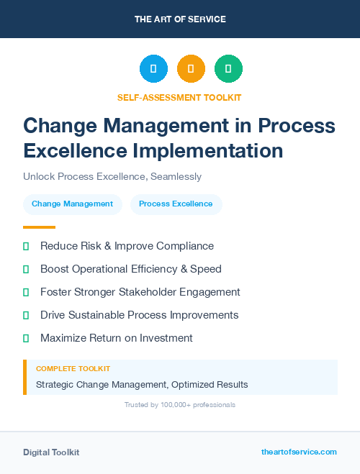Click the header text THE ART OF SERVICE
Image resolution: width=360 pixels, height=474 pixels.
[180, 19]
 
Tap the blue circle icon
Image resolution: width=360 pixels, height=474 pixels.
[153, 69]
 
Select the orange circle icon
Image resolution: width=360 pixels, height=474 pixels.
[191, 69]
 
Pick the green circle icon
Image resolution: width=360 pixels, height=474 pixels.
[228, 69]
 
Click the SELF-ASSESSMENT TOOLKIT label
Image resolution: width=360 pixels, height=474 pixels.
[179, 97]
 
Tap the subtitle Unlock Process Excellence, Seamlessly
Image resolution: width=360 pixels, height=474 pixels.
[112, 176]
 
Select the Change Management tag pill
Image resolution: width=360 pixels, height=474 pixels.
[72, 204]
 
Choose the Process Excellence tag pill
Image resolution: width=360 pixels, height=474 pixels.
[176, 204]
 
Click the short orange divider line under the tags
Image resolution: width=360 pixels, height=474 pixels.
[39, 227]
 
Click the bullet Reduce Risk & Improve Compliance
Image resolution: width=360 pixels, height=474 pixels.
[127, 246]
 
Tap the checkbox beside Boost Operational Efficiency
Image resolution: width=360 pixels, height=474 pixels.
[26, 269]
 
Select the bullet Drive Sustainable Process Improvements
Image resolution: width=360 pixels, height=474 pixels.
[139, 315]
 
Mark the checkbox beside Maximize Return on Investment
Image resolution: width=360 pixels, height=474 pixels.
[26, 338]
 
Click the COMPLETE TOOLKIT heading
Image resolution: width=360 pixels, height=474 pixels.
[73, 368]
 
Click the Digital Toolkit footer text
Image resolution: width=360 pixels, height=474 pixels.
[51, 452]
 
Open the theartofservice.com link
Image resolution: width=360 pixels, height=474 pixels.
[299, 452]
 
